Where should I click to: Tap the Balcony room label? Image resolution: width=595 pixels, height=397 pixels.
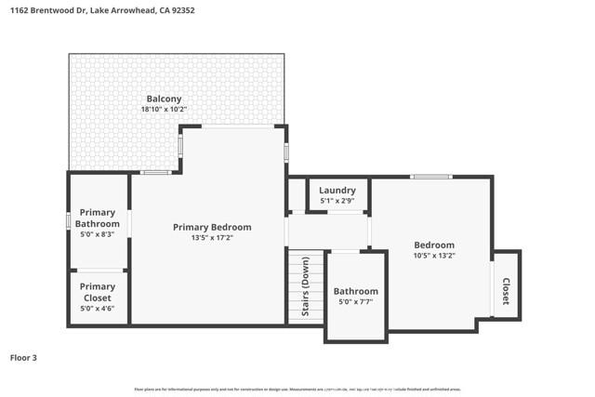(164, 99)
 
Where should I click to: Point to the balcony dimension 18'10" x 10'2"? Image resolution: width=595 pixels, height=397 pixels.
(164, 110)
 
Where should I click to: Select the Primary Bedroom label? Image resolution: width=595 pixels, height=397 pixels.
(212, 227)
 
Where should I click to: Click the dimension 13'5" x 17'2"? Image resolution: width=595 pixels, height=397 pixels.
(212, 238)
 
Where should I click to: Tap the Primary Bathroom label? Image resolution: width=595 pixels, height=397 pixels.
(98, 218)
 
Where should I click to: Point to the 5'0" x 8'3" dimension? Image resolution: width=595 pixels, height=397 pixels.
(98, 234)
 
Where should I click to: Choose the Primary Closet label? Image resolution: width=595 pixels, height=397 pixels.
(98, 292)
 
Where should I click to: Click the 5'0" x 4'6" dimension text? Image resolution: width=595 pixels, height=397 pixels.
(98, 308)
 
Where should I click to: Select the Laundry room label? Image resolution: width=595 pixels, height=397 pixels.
(338, 191)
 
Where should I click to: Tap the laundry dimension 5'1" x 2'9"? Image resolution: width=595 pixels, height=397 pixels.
(338, 201)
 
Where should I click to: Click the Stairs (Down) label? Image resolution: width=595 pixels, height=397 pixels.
(306, 287)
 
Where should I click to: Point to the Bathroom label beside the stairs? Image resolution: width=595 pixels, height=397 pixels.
(356, 291)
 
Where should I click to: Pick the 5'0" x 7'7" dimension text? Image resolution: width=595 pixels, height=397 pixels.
(356, 302)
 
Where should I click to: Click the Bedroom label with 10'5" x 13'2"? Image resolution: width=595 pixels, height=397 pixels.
(434, 245)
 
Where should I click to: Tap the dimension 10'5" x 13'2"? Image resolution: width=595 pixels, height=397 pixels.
(434, 256)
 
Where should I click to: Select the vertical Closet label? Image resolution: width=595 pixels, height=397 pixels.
(507, 291)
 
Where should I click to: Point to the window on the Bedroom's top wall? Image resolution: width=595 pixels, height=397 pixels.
(431, 177)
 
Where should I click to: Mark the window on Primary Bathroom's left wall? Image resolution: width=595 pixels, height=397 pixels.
(69, 221)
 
